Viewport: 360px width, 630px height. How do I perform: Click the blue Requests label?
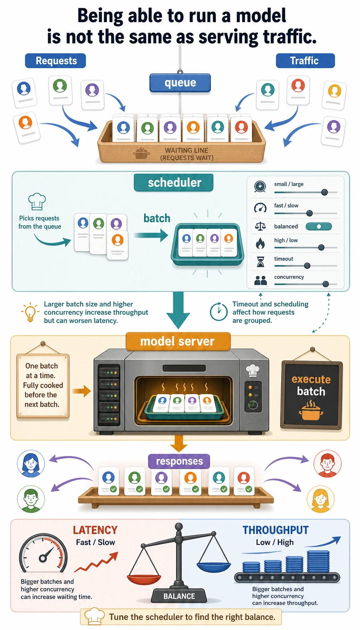pos(56,60)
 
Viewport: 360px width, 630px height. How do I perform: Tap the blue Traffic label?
pos(305,60)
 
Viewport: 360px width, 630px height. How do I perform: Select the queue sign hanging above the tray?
pos(180,83)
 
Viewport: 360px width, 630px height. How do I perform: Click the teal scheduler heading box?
pos(174,182)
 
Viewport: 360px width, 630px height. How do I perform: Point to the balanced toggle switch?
pos(319,226)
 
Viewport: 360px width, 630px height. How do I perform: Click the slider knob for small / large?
pos(324,192)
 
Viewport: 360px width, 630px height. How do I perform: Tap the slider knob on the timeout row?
pos(307,266)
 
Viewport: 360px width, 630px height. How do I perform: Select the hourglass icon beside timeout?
pos(261,262)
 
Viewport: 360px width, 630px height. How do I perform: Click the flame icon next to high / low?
pos(260,243)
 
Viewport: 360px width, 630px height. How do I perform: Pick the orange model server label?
pos(178,341)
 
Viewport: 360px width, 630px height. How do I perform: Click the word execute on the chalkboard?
pos(311,379)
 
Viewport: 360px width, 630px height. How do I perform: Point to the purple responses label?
pos(179,461)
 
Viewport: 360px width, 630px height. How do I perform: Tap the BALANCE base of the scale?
pos(179,596)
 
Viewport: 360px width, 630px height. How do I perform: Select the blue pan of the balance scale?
pos(214,567)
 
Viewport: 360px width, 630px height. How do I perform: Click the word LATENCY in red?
pos(95,530)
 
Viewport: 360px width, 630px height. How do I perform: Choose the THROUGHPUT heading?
pos(276,530)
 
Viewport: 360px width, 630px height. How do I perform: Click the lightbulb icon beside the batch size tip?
pos(30,312)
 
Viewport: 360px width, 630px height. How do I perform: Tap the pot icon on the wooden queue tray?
pos(141,153)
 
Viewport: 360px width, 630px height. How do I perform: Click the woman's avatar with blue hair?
pos(31,463)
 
